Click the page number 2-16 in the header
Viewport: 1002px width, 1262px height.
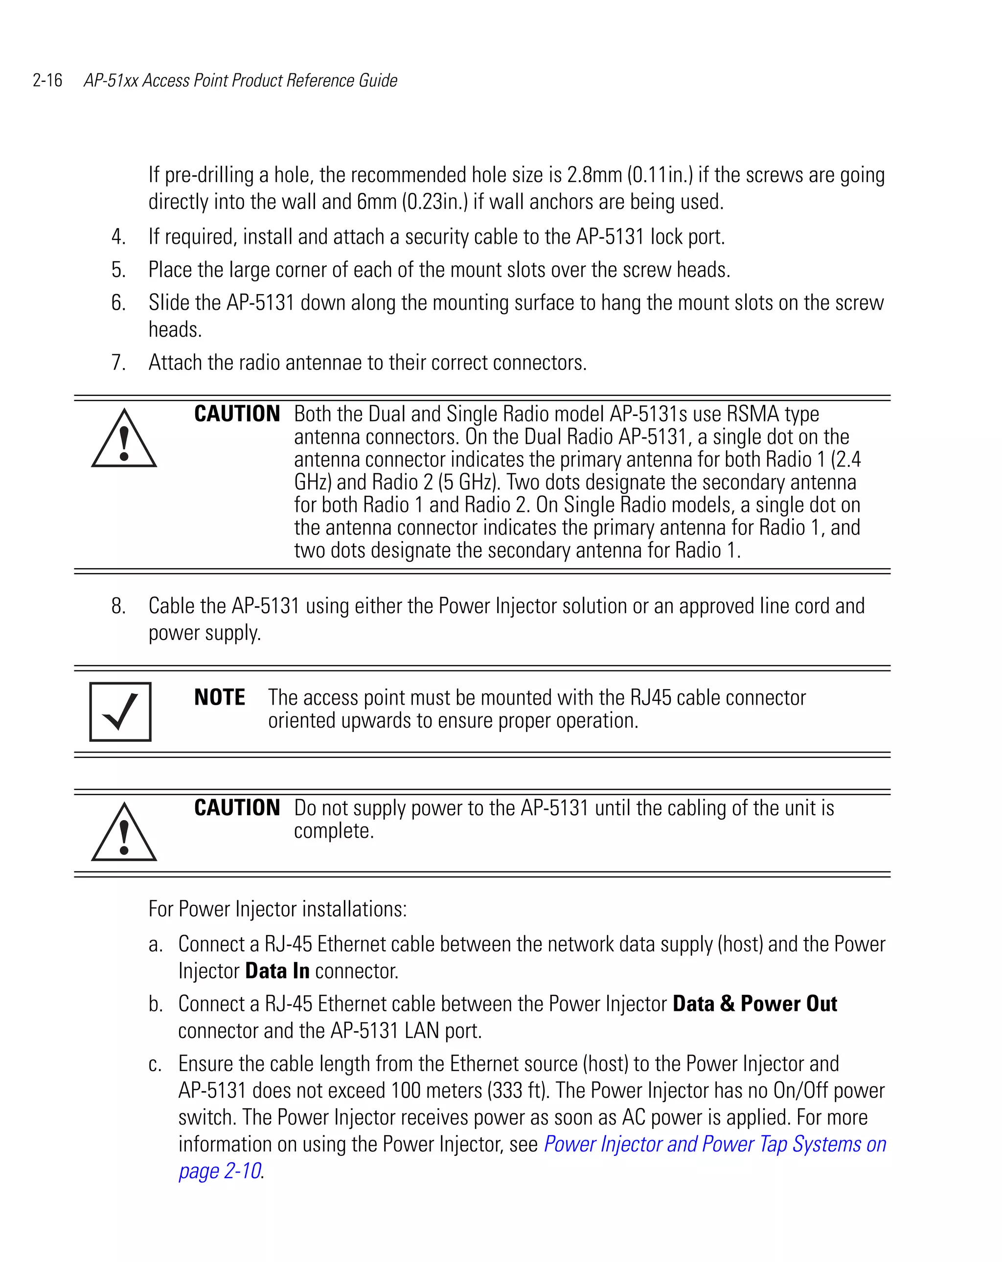pos(47,80)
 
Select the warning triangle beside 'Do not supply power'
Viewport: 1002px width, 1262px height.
pos(124,833)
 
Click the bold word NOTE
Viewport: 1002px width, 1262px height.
pos(220,697)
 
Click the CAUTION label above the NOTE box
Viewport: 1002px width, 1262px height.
pos(237,414)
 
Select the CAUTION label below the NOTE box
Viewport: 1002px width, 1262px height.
pos(237,808)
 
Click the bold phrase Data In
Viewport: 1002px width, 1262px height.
pos(277,971)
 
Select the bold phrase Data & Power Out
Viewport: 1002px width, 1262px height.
pos(754,1004)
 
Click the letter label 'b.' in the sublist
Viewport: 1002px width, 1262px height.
pos(155,1004)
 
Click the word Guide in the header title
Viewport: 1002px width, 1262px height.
pos(378,80)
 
